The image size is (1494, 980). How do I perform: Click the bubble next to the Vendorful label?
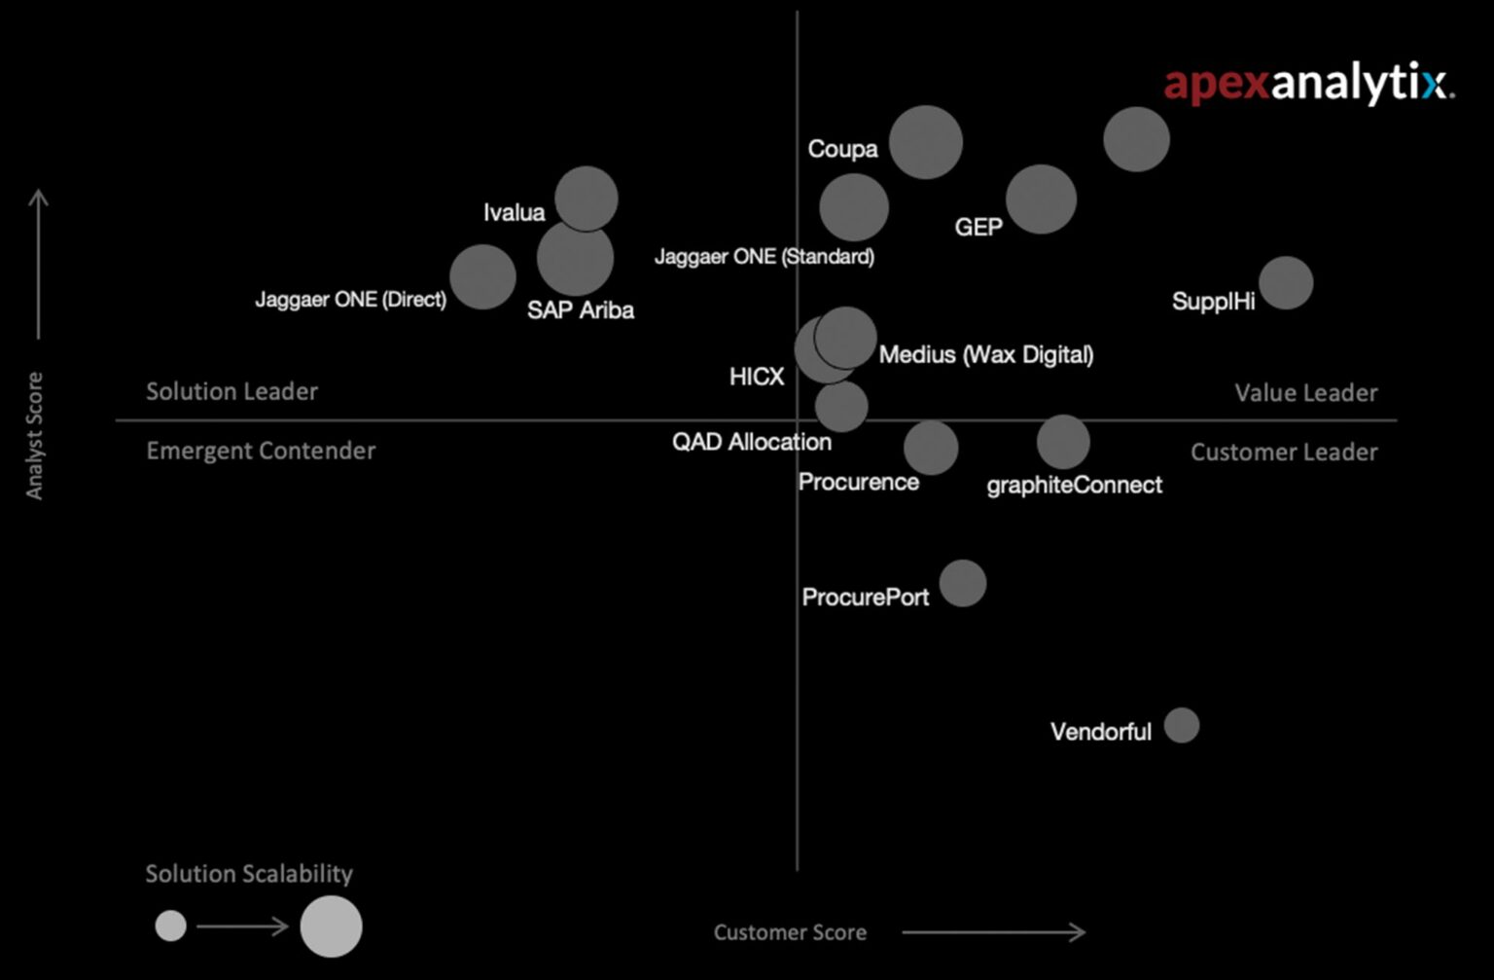(1182, 725)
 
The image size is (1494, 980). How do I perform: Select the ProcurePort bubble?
(962, 583)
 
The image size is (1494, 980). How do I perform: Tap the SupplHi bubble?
(1286, 282)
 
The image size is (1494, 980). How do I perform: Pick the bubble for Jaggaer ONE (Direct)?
(481, 276)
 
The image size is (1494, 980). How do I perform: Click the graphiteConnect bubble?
(1062, 442)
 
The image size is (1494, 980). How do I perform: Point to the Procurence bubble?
(931, 448)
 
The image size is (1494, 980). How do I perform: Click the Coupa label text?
(842, 149)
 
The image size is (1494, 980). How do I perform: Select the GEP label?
(978, 228)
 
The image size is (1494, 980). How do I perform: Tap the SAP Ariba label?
(581, 310)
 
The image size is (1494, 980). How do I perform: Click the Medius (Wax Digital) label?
(986, 354)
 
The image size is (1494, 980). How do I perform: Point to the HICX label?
(757, 377)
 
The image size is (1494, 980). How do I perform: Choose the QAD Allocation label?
(752, 442)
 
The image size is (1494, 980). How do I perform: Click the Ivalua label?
(514, 212)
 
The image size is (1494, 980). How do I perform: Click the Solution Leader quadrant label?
(231, 391)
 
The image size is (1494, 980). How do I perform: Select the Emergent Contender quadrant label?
(261, 451)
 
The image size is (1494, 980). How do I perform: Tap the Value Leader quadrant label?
(1305, 393)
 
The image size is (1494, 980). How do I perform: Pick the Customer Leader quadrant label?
(1284, 453)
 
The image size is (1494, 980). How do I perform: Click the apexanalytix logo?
(1308, 85)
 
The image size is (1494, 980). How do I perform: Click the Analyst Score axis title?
(35, 435)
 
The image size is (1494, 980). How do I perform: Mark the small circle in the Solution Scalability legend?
(170, 926)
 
